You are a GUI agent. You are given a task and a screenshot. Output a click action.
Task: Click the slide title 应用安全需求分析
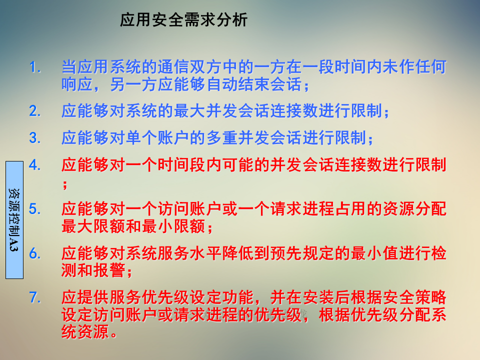click(183, 20)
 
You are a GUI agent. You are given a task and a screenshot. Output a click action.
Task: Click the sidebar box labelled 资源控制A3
click(14, 220)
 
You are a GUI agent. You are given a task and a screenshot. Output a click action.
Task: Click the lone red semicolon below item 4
click(65, 185)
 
